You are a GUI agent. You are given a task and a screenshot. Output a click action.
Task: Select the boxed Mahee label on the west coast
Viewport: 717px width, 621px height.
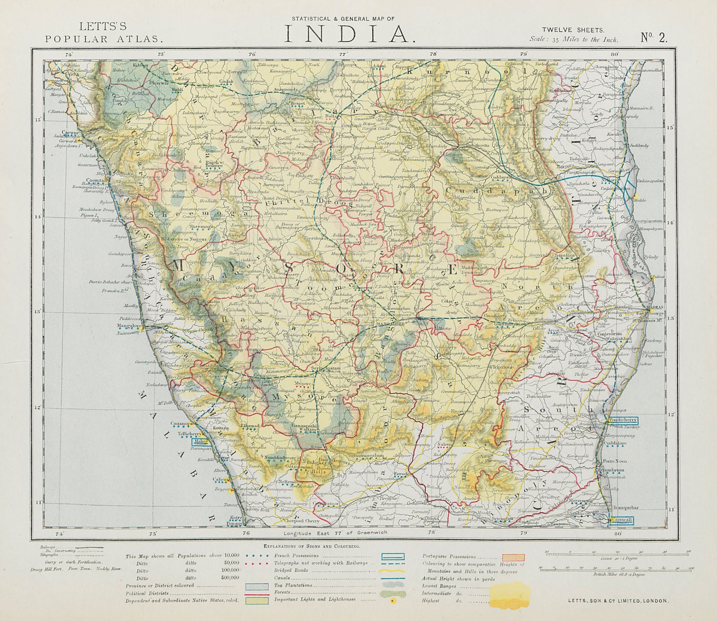[x=200, y=441]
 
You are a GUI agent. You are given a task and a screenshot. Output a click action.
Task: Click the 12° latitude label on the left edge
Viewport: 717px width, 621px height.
[x=38, y=407]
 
